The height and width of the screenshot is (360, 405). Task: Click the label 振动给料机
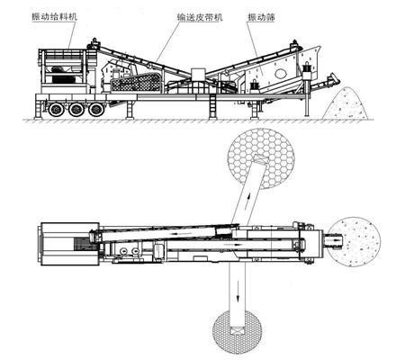[55, 16]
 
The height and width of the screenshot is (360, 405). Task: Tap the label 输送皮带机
[200, 17]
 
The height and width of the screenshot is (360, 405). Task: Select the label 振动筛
[261, 17]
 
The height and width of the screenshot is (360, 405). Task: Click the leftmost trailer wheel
[56, 110]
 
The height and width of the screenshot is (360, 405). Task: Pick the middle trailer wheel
[76, 110]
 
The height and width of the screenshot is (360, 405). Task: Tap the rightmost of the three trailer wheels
[96, 110]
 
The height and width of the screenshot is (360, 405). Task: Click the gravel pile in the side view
[346, 104]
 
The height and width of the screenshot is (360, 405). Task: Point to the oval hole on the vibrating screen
[281, 73]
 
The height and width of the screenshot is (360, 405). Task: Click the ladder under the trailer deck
[212, 107]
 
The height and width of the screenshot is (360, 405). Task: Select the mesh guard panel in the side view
[137, 82]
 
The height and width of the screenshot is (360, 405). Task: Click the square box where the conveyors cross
[198, 74]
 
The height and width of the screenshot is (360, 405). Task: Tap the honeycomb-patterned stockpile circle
[261, 158]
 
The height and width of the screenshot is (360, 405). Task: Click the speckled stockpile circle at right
[355, 242]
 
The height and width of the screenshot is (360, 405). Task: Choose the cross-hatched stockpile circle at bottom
[237, 332]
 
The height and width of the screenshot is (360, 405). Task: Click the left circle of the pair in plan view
[123, 251]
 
